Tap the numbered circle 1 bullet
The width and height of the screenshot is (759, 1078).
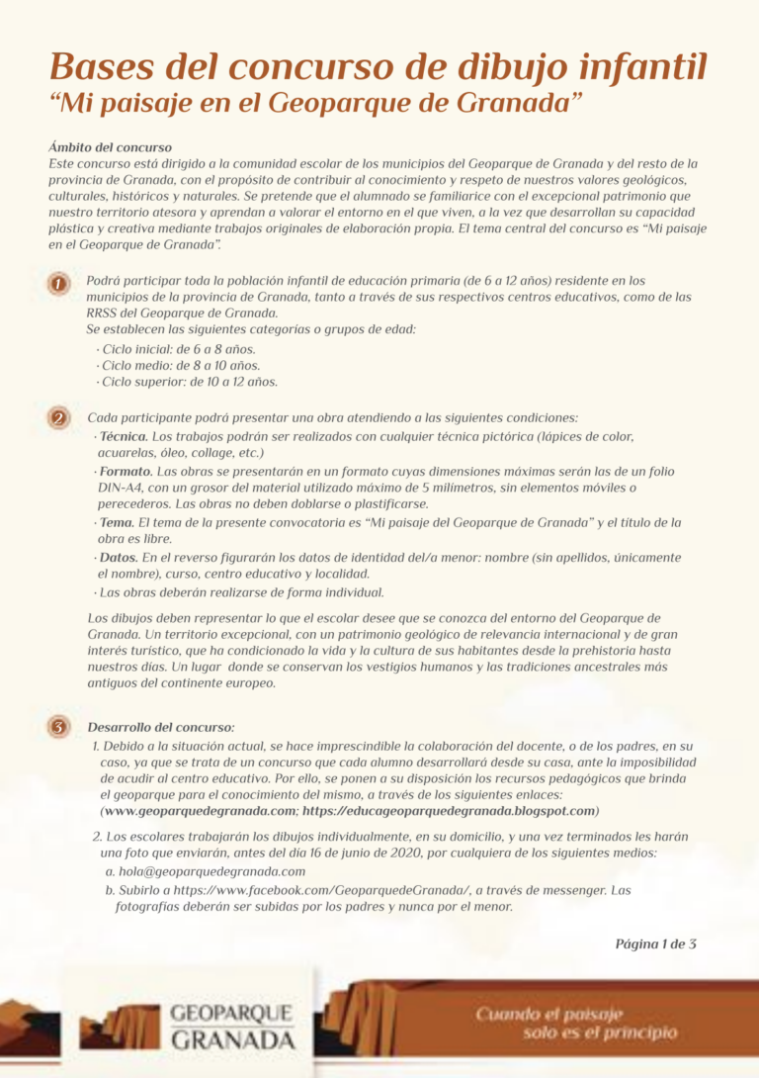59,284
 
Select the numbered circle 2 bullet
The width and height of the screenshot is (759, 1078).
59,418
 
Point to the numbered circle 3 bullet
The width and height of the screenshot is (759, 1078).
59,728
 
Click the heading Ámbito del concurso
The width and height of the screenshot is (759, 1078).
110,147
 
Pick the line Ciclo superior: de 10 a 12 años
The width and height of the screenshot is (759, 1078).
187,381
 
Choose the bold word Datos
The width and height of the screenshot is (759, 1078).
119,558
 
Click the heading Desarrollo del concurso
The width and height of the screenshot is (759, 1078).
161,728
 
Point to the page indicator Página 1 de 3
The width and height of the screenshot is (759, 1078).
656,943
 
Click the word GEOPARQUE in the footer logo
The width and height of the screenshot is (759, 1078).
231,1014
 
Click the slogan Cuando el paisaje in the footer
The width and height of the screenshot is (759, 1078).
549,1014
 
